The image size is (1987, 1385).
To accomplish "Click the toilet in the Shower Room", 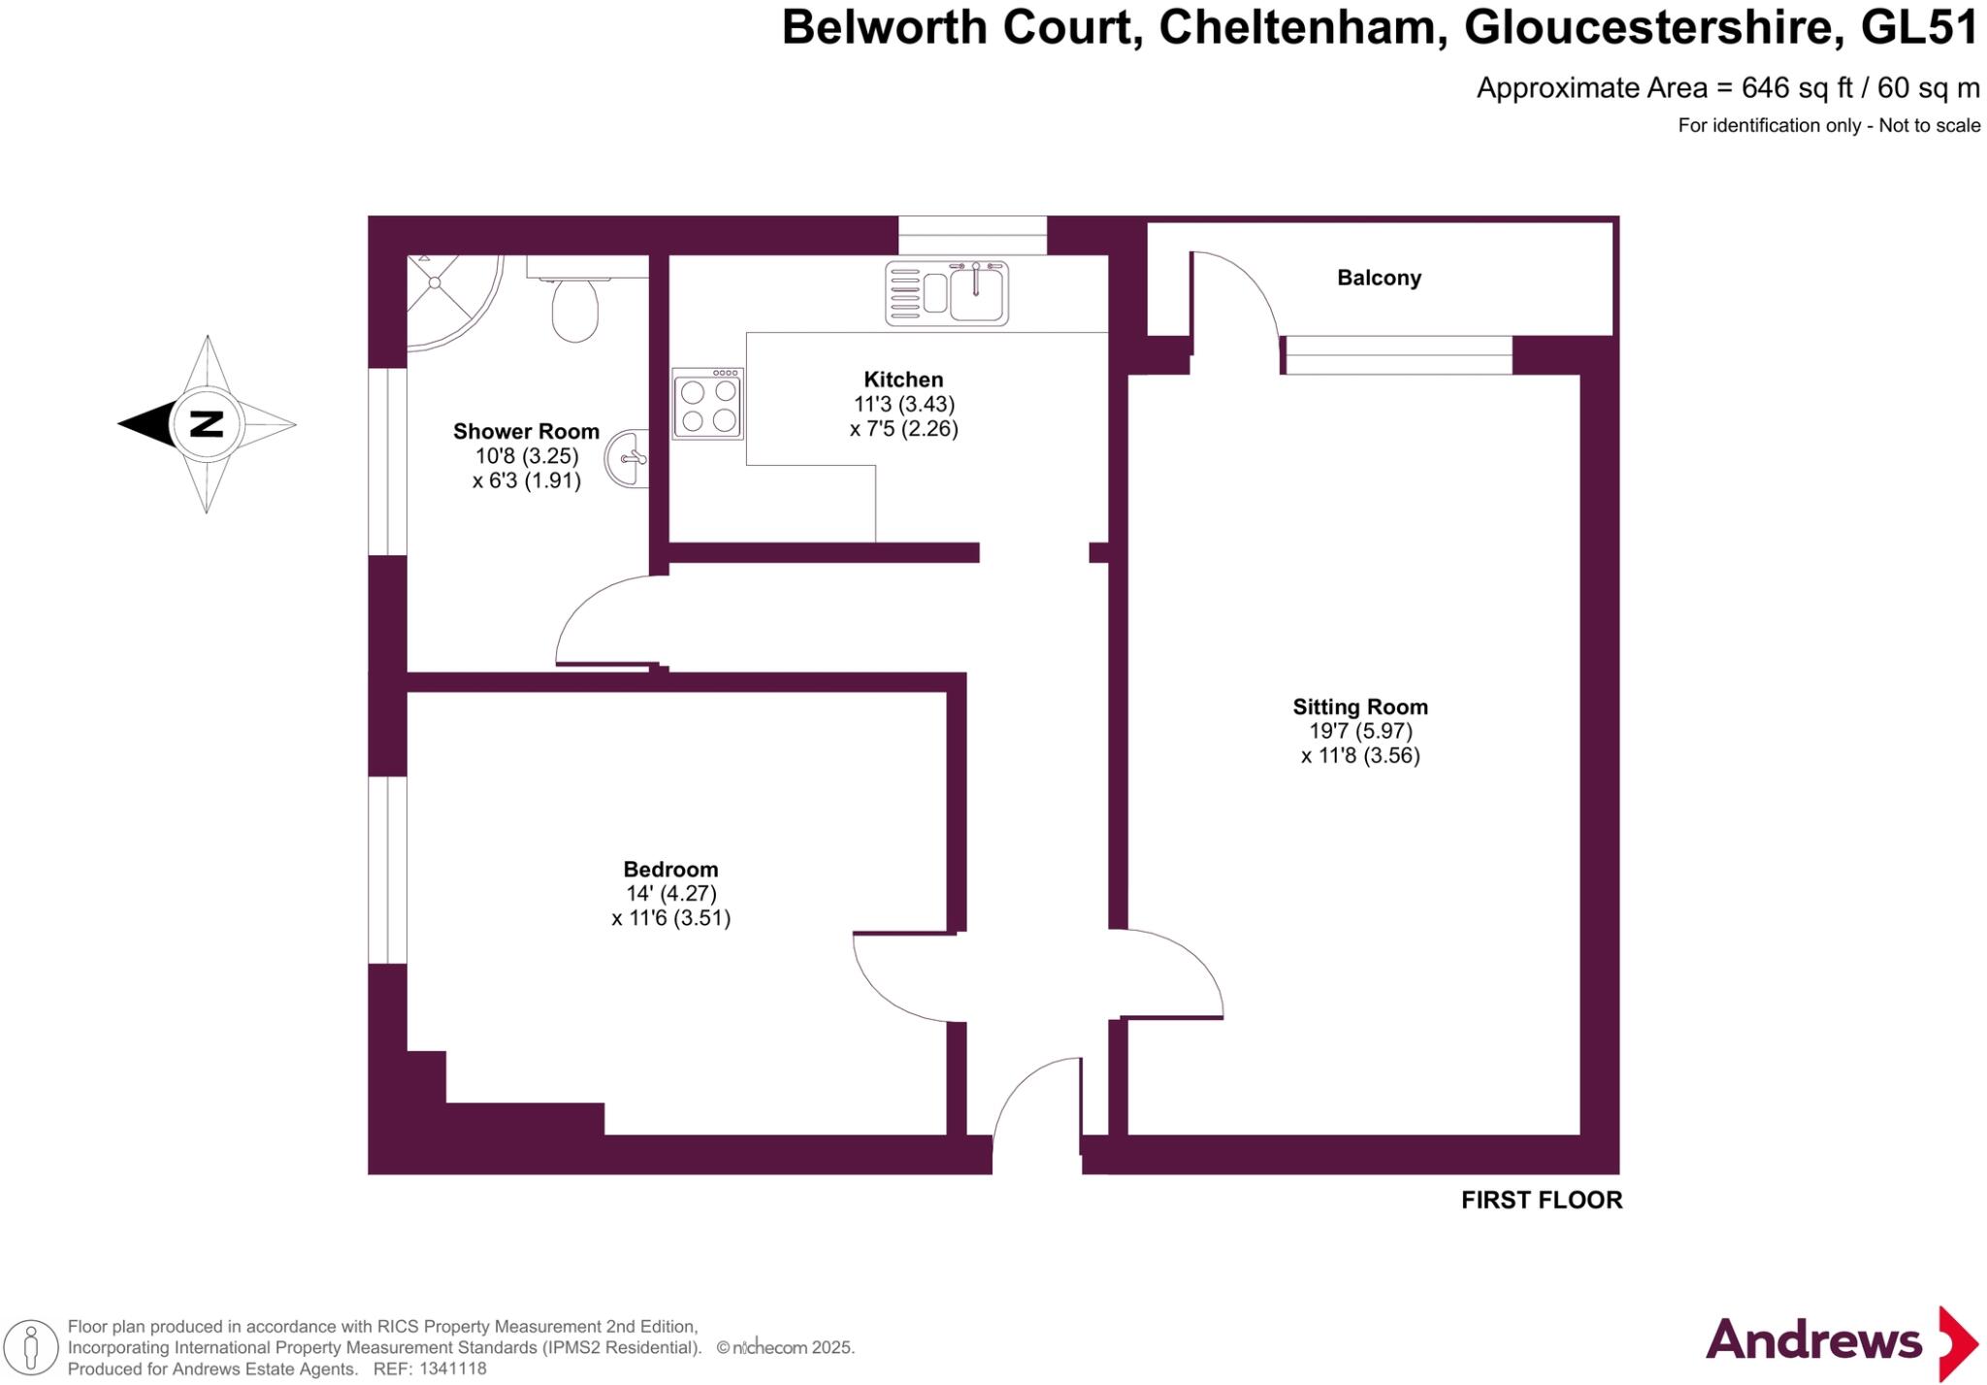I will click(574, 306).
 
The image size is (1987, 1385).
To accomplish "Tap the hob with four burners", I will click(707, 405).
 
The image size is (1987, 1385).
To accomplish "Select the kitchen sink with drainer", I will click(946, 292).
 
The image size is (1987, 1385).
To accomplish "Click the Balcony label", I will click(1379, 278).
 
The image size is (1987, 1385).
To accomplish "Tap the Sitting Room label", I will click(1359, 707).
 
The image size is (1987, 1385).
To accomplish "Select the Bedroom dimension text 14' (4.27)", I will click(670, 894).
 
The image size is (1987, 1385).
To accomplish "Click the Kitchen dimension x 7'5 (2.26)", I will click(903, 429).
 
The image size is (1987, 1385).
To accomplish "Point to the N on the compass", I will click(207, 424).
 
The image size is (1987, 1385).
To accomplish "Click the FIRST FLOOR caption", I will click(1541, 1200).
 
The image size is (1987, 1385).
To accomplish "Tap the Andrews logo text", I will click(1812, 1341).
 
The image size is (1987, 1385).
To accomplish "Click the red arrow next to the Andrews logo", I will click(1957, 1343).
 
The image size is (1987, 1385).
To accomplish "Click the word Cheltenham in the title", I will click(1296, 27).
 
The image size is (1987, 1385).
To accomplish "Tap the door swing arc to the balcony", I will click(1252, 291).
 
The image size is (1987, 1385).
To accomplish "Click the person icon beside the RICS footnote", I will click(30, 1348).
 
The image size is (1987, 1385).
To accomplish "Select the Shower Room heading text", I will click(526, 431).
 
